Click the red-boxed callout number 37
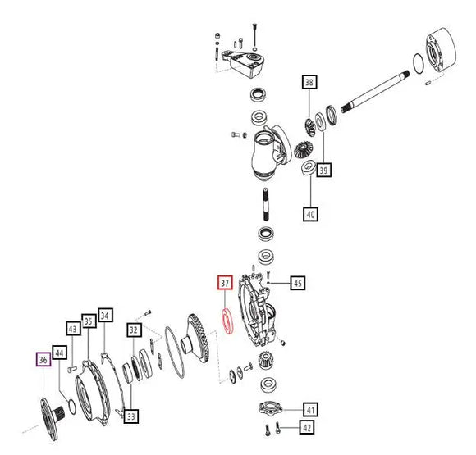(225, 283)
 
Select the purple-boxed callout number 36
(43, 359)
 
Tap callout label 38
(309, 82)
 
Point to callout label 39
(323, 170)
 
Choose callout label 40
(310, 214)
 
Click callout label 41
(310, 410)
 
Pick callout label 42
(307, 427)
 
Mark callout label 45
(297, 283)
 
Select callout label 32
(134, 330)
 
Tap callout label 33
(131, 416)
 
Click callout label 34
(105, 316)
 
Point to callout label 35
(89, 321)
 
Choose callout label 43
(73, 329)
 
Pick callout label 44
(60, 353)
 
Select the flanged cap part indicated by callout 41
(271, 408)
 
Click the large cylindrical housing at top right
(441, 50)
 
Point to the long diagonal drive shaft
(375, 92)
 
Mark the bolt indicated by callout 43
(72, 369)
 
